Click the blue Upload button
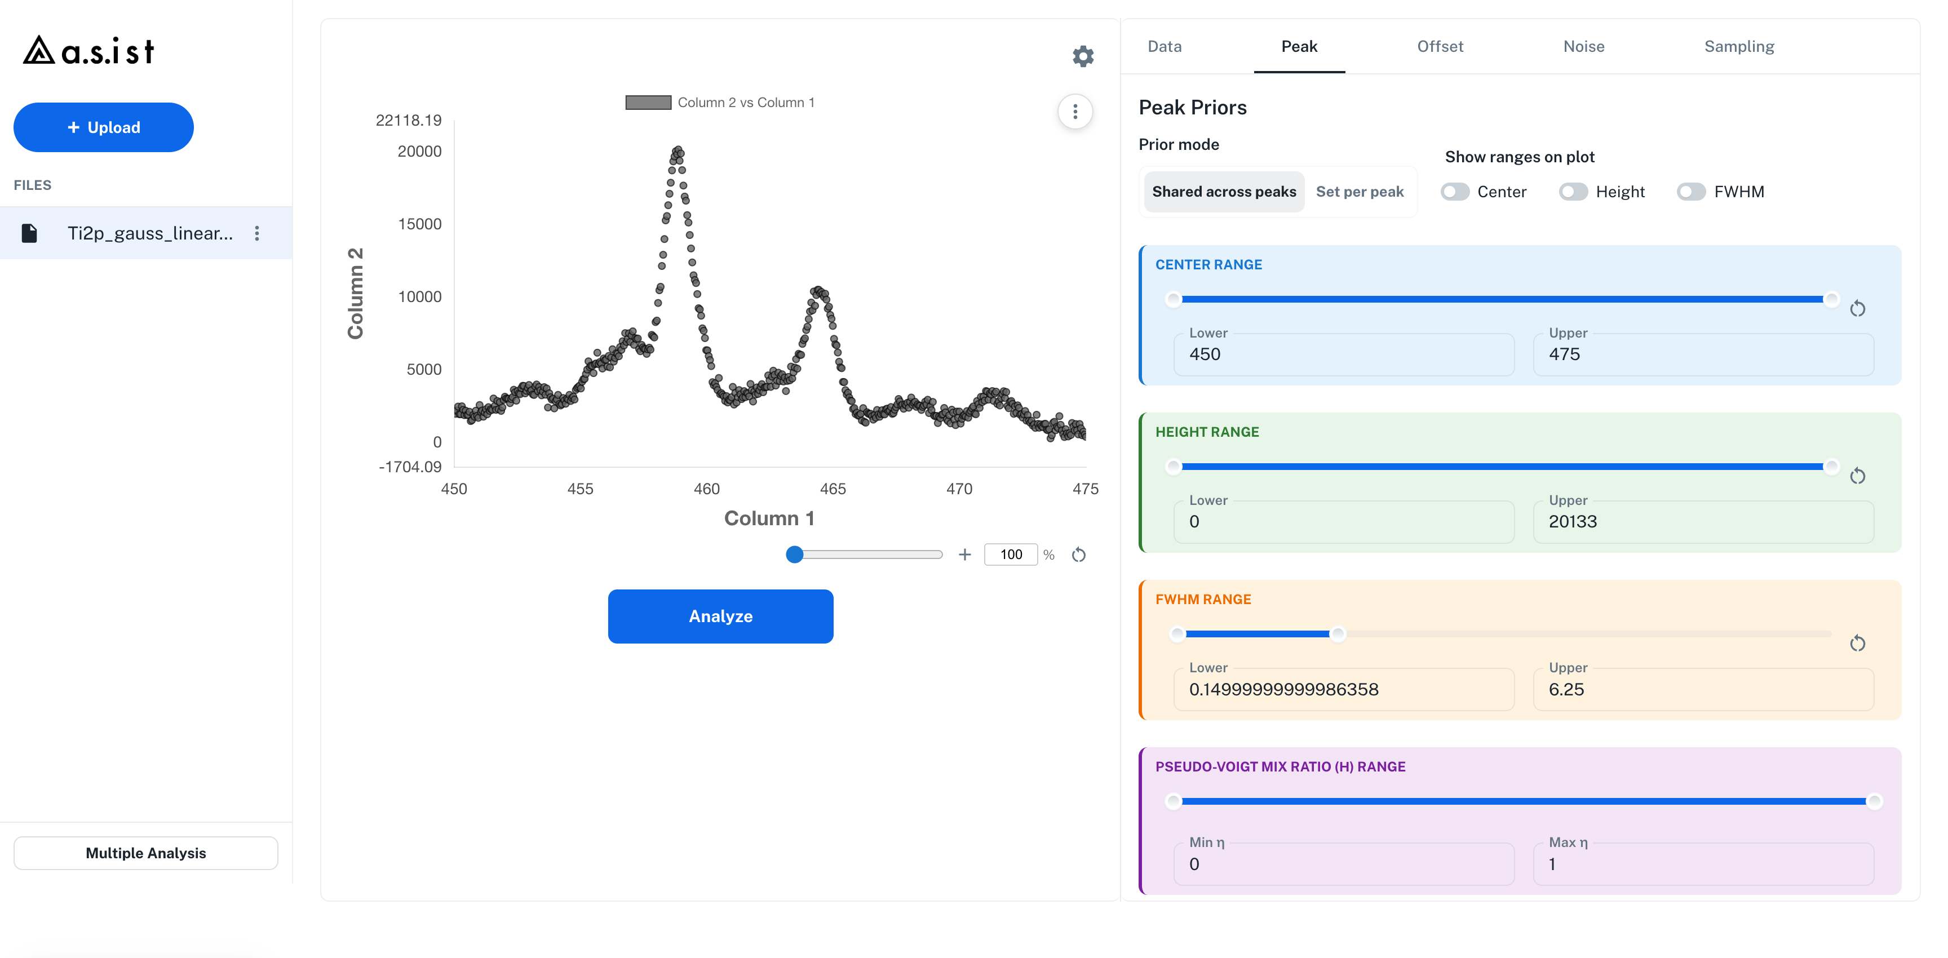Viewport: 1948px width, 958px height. click(x=104, y=127)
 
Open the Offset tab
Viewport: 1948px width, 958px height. click(x=1440, y=46)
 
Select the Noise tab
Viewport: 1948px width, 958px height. click(x=1583, y=46)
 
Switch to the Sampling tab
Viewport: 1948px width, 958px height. click(x=1738, y=46)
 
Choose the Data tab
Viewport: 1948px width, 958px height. click(x=1165, y=46)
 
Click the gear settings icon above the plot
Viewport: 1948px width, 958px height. click(x=1083, y=56)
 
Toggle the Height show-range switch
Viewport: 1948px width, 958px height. click(x=1573, y=192)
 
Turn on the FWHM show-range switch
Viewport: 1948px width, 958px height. click(x=1691, y=192)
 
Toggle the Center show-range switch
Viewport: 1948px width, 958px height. click(x=1455, y=192)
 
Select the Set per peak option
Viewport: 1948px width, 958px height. click(x=1360, y=192)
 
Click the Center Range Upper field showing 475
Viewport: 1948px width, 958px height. click(x=1703, y=354)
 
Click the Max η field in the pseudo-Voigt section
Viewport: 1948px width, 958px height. click(x=1703, y=863)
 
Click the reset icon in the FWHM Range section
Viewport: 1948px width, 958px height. click(x=1857, y=644)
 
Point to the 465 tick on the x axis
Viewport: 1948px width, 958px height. click(x=833, y=489)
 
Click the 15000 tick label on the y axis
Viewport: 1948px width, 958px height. click(x=420, y=224)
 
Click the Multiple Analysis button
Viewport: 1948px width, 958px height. click(x=146, y=853)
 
